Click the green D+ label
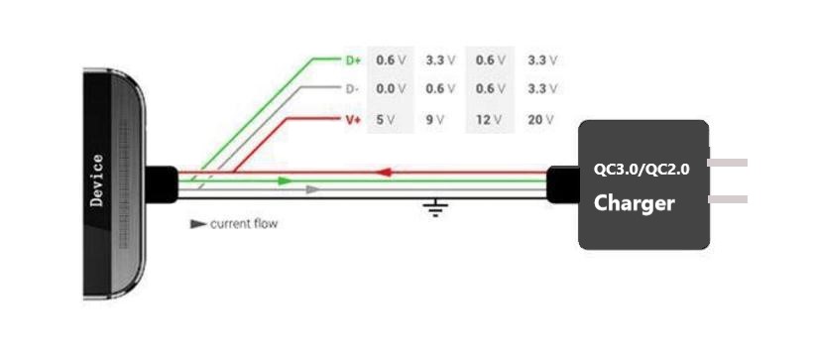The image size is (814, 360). pos(353,60)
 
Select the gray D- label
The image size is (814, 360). pos(352,89)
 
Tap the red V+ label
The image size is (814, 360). pos(353,120)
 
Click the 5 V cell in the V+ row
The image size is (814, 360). pos(386,120)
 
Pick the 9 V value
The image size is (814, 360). pos(435,120)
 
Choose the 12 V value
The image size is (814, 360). pos(489,120)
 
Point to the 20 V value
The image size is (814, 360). pos(541,120)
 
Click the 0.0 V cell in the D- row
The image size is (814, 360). pos(391,89)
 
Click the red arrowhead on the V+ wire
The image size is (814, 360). pos(383,172)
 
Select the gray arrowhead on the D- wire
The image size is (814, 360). pos(312,189)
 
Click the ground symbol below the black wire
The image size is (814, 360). pos(435,207)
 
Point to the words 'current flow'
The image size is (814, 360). pos(244,224)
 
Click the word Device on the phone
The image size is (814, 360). pos(96,180)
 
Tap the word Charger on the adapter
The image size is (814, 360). pos(634,203)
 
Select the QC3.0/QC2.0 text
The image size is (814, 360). pos(641,170)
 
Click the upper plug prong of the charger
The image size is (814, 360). pos(728,163)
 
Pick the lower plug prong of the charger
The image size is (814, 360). pos(728,199)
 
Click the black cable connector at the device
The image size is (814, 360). pos(162,184)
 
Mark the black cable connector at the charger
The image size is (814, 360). pos(563,184)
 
